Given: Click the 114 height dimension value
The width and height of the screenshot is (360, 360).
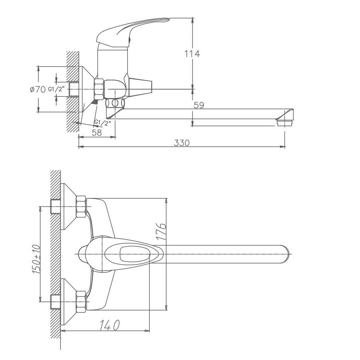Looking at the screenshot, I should point(193,54).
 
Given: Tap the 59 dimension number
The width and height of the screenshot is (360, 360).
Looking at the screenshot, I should point(199,105).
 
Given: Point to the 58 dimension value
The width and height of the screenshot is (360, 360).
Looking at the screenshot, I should point(96,132).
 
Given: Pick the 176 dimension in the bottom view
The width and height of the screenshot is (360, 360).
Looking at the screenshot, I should point(163,232).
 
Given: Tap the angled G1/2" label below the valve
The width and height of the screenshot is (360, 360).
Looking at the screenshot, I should point(102,122).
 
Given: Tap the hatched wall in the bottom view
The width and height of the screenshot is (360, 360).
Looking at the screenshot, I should point(55,261).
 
